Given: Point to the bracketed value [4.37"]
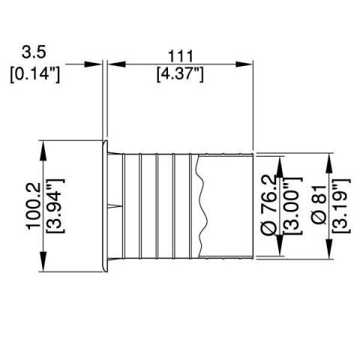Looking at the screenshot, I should click(x=179, y=75).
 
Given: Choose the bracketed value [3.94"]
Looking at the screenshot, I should click(x=55, y=205).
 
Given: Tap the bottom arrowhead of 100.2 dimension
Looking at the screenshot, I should click(x=43, y=263).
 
